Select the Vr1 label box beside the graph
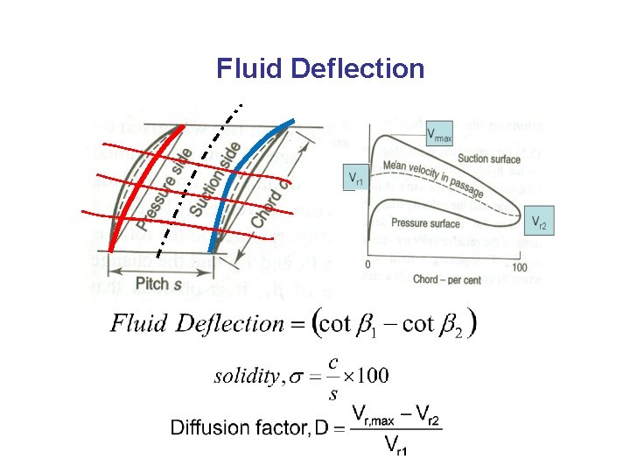coord(356,178)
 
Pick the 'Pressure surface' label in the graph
coord(426,223)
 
